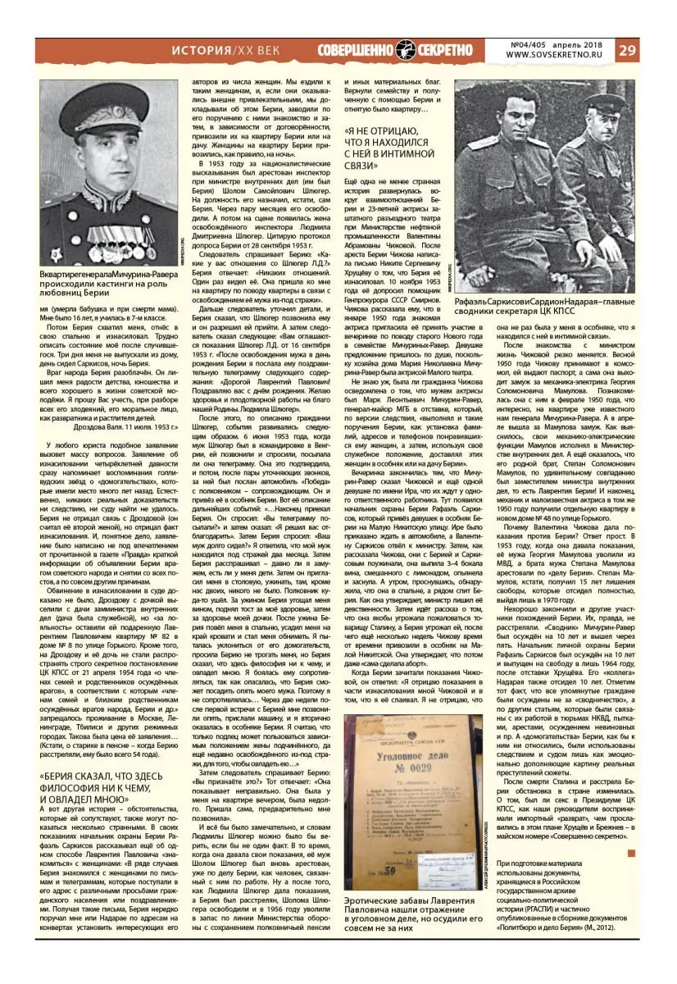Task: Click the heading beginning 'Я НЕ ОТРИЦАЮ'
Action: (390, 148)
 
